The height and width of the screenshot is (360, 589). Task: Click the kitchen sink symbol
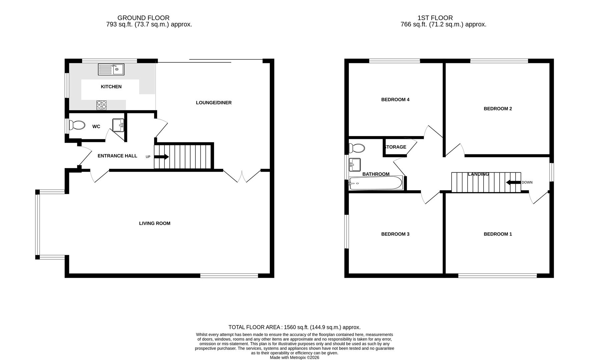point(111,69)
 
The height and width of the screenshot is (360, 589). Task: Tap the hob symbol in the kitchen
point(102,105)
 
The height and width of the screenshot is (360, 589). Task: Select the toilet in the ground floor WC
point(76,125)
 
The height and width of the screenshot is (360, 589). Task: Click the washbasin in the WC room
point(118,125)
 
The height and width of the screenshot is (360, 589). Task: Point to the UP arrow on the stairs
point(162,157)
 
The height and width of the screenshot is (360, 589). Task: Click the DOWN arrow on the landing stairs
point(513,182)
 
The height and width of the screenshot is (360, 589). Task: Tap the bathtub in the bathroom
point(376,183)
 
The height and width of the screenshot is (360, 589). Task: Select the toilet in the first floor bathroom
point(357,148)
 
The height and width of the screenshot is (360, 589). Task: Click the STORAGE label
point(395,147)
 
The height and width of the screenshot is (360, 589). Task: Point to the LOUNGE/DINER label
point(213,103)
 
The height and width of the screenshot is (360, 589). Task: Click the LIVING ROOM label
point(154,223)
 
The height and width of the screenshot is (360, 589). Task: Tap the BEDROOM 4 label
point(395,100)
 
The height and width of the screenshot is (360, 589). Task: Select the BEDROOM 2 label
point(498,109)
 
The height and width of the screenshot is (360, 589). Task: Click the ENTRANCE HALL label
point(117,156)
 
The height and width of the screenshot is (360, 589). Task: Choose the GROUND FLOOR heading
point(143,18)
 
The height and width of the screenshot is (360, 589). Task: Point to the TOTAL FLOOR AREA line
point(294,327)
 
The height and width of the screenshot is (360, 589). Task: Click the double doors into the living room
point(242,176)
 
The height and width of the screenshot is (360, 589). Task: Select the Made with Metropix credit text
point(294,357)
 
